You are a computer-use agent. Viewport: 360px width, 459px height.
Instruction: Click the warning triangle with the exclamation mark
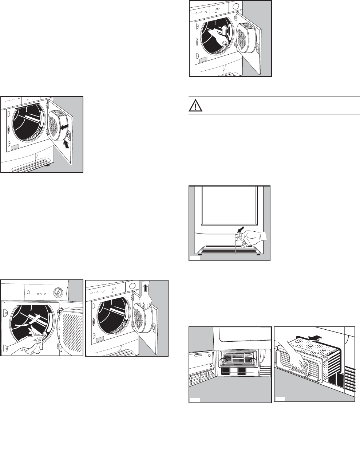tap(196, 106)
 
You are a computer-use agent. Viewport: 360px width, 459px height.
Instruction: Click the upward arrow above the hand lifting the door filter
tap(146, 288)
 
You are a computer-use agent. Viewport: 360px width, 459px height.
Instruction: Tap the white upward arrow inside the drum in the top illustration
tap(224, 29)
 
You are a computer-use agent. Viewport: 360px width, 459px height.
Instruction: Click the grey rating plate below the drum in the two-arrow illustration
tap(14, 148)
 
